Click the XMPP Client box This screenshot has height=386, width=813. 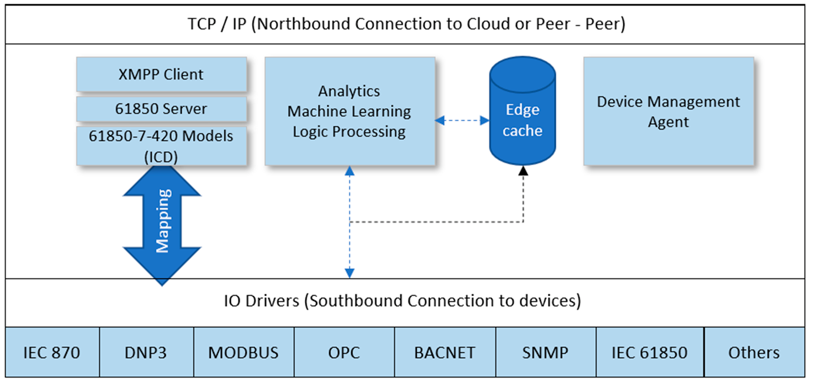coord(162,74)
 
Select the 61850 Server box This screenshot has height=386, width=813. coord(162,108)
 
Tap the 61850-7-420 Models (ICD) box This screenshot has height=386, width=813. coord(162,146)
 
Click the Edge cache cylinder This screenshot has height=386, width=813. coord(522,111)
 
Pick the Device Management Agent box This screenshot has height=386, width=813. coord(669,111)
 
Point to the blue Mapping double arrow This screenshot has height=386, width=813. coord(162,226)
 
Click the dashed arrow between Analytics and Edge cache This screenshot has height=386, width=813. coord(462,120)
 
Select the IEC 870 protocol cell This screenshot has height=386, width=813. coord(52,352)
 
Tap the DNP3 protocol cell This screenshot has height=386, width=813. coord(146,352)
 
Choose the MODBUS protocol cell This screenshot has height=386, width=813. coord(244,352)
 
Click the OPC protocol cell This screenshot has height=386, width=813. coord(344,352)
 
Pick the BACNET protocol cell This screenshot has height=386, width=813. coord(445,352)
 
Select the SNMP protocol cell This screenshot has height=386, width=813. coord(546,352)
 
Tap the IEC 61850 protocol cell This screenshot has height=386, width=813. coord(650,352)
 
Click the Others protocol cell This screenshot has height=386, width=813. coord(754,352)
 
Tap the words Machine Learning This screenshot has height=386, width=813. coord(349,112)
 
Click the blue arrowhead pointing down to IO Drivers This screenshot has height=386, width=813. coord(350,273)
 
